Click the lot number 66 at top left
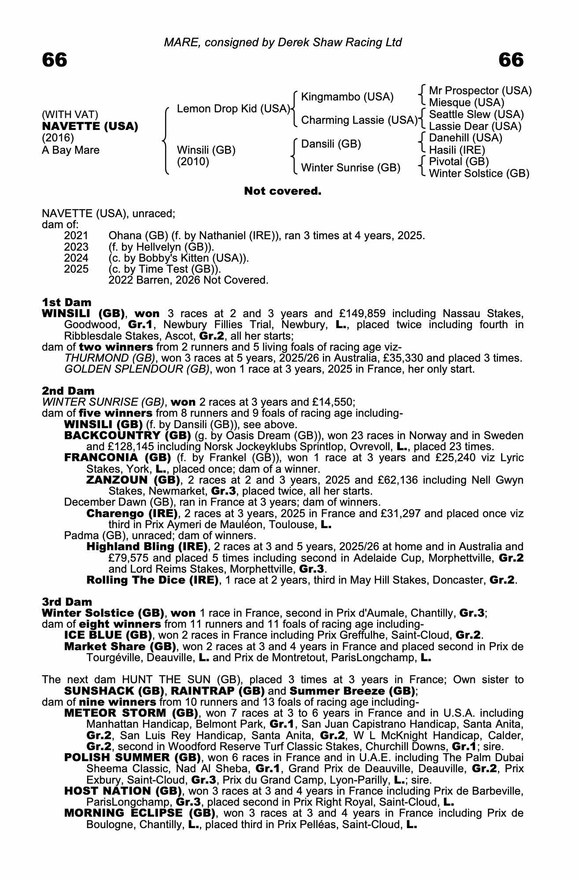[55, 60]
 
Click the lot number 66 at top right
[511, 60]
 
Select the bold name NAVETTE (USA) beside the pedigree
[90, 126]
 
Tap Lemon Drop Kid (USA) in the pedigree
[233, 109]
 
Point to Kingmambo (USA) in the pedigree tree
[347, 97]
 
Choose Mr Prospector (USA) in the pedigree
[480, 91]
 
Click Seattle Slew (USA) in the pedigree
[476, 115]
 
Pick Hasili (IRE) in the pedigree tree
[457, 150]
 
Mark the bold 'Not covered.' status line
[283, 191]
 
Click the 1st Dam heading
[66, 302]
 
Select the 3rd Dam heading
[67, 602]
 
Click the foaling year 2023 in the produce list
[76, 247]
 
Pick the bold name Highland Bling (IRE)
[147, 547]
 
